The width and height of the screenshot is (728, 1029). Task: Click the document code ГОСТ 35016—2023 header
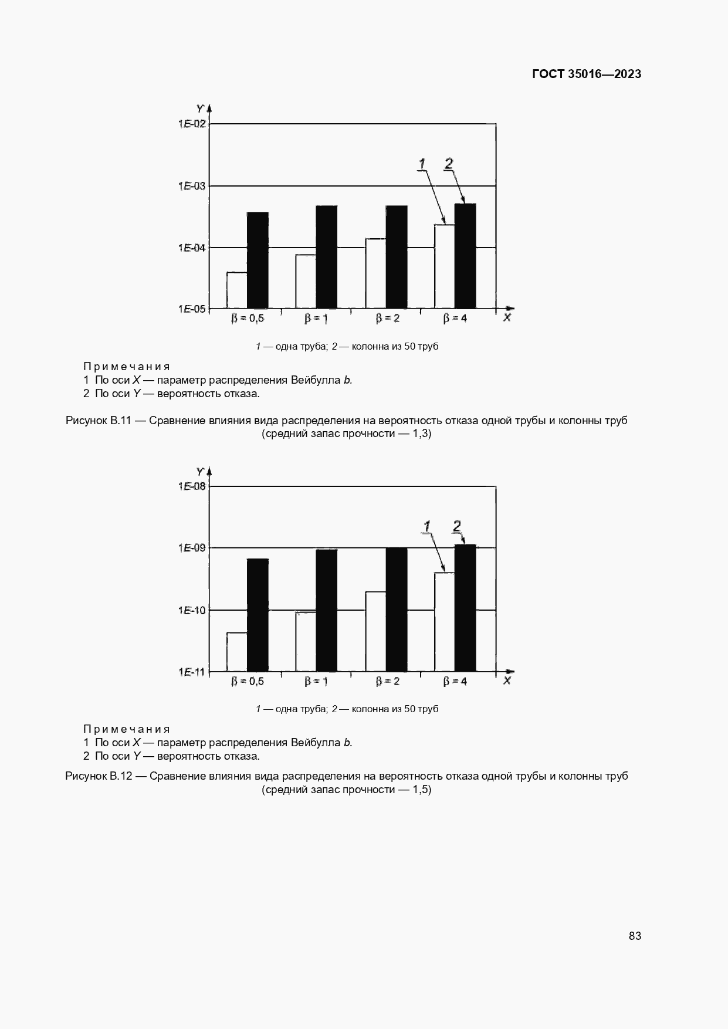coord(586,74)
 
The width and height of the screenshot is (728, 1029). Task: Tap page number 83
coord(635,936)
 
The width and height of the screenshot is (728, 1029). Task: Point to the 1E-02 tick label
coord(192,124)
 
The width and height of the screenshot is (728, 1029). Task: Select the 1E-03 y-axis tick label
coord(192,186)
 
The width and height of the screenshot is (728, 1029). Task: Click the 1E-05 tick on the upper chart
coord(192,309)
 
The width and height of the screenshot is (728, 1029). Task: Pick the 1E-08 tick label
coord(192,486)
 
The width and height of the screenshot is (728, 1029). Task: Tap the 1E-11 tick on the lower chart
coord(192,672)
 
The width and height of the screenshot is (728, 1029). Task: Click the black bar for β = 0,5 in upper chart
coord(258,260)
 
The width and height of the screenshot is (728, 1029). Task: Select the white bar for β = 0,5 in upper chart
coord(237,290)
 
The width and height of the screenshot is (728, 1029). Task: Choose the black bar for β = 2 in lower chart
coord(397,609)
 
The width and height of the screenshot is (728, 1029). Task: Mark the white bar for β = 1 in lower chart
coord(306,641)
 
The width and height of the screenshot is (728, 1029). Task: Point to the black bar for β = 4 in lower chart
coord(465,608)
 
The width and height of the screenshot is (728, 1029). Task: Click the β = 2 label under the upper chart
coord(388,319)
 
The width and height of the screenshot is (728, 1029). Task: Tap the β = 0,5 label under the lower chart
coord(248,681)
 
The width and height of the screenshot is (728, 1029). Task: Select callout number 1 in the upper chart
coord(422,164)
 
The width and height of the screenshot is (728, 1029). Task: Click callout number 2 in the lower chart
coord(457,526)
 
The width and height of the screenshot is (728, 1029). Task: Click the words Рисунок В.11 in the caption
coord(99,421)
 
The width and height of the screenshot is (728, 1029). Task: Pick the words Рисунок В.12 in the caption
coord(99,776)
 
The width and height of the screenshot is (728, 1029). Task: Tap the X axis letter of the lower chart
coord(507,681)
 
